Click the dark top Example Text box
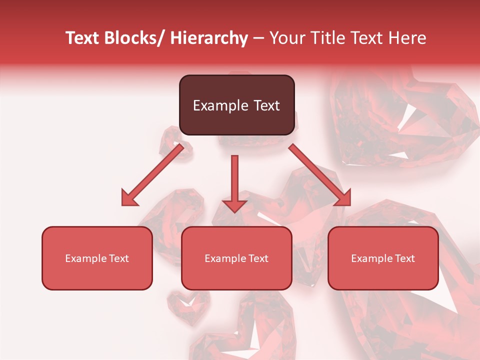(x=236, y=105)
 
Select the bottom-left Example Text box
(x=97, y=258)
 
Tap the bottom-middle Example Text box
(x=236, y=258)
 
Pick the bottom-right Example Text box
(x=383, y=258)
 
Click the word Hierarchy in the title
(x=209, y=38)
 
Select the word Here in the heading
(x=408, y=38)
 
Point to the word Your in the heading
(x=286, y=38)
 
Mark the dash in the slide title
(x=258, y=38)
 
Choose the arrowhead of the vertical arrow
(x=234, y=205)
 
